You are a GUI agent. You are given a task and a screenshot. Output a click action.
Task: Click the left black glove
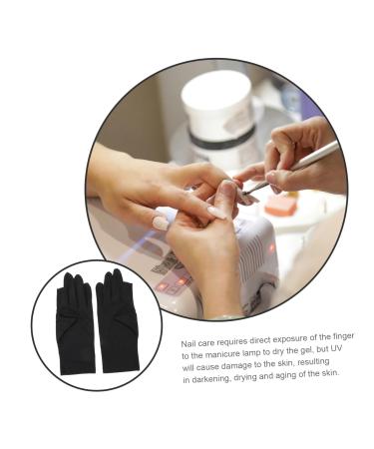[76, 322]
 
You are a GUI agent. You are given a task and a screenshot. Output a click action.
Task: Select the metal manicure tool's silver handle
[309, 164]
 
